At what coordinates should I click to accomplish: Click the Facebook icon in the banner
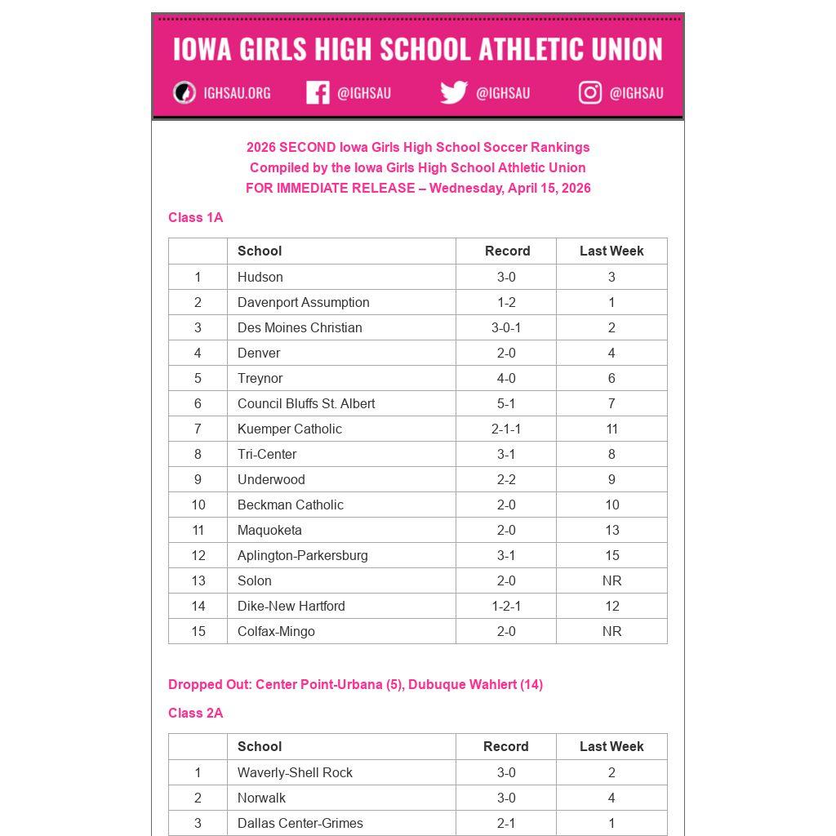coord(318,92)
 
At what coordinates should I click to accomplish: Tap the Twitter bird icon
coord(453,92)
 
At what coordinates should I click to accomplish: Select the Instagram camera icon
coord(590,92)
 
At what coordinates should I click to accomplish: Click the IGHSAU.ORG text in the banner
coord(237,93)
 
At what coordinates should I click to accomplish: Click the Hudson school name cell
coord(260,277)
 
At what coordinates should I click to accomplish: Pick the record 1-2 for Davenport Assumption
coord(506,302)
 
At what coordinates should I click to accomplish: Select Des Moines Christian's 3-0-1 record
coord(506,327)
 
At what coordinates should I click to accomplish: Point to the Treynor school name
coord(260,378)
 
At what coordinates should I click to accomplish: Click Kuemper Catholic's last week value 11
coord(611,429)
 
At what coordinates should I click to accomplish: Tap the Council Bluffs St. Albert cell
coord(306,403)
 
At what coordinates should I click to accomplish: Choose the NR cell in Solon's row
coord(611,580)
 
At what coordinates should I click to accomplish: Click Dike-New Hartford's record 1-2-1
coord(506,606)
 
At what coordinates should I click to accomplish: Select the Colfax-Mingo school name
coord(276,631)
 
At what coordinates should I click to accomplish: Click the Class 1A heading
coord(195,217)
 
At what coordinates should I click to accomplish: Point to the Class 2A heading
coord(195,713)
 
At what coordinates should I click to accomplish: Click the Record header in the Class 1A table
coord(507,251)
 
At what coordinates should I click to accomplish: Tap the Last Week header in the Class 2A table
coord(611,746)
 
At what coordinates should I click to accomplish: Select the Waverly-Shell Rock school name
coord(295,772)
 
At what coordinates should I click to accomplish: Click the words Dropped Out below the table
coord(208,684)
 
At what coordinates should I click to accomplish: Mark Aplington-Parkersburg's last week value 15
coord(611,555)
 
